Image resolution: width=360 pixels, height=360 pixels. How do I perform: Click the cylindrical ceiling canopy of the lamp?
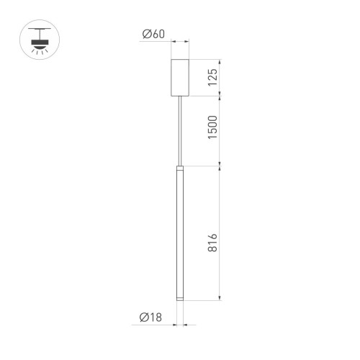click(x=179, y=77)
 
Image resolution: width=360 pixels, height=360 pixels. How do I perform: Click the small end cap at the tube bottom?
click(x=179, y=297)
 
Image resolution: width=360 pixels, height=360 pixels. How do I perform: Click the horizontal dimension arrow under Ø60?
click(x=179, y=41)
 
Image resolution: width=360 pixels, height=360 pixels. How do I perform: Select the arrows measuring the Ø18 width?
click(x=179, y=325)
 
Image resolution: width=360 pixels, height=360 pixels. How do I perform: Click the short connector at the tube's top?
click(x=179, y=167)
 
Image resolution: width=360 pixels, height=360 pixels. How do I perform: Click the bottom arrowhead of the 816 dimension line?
click(x=218, y=297)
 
